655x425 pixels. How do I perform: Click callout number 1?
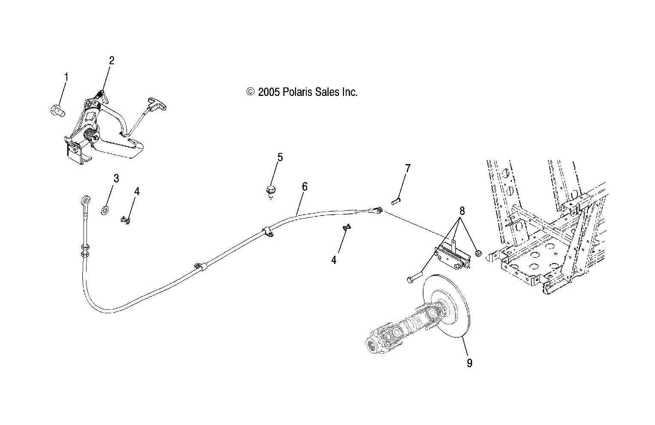coord(66,77)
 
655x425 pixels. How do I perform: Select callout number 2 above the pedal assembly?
coord(111,60)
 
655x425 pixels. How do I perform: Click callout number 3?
coord(116,178)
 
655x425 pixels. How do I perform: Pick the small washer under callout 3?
coord(105,210)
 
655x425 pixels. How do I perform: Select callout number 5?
coord(280,157)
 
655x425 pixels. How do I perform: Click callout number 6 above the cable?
coord(305,186)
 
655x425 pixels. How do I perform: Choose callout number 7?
coord(407,168)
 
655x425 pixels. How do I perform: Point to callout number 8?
coord(462,211)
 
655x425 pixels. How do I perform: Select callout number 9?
coord(470,363)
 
